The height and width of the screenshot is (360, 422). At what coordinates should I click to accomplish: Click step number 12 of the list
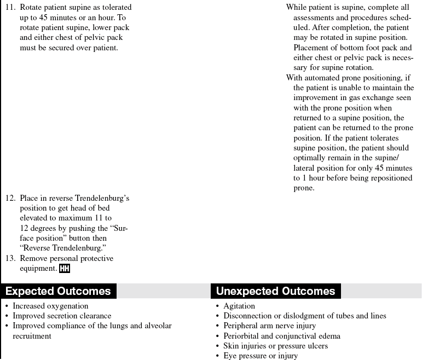coord(10,198)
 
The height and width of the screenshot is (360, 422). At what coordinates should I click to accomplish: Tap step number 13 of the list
coord(10,258)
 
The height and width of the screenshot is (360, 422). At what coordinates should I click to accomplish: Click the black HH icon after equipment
coord(65,269)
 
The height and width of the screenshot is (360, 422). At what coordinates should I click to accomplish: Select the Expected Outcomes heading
coord(58,291)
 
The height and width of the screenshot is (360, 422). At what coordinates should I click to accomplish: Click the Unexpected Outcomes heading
coord(275,291)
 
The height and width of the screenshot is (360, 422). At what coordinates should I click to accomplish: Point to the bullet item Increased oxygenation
coord(50,306)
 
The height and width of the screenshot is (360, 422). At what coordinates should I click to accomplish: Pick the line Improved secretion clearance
coord(62,316)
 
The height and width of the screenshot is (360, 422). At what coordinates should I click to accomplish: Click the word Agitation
coord(239,306)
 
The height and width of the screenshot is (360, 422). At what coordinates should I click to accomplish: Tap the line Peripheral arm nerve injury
coord(269,326)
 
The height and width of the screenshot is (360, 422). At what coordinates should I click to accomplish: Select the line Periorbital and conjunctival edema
coord(282,336)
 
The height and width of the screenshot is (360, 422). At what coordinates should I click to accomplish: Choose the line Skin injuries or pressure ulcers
coord(276,346)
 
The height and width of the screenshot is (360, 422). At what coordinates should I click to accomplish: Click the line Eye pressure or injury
coord(261,356)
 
